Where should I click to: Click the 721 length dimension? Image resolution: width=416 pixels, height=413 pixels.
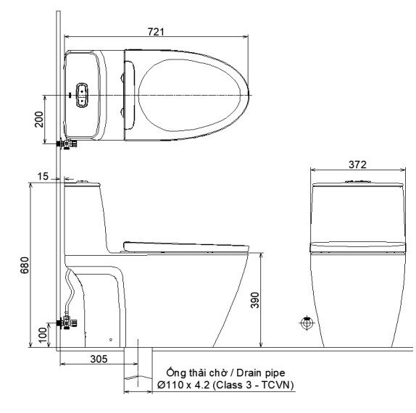(x=157, y=31)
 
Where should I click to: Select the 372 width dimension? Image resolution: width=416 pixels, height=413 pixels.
(x=357, y=164)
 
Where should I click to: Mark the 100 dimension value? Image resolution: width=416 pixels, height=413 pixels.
(x=43, y=334)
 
